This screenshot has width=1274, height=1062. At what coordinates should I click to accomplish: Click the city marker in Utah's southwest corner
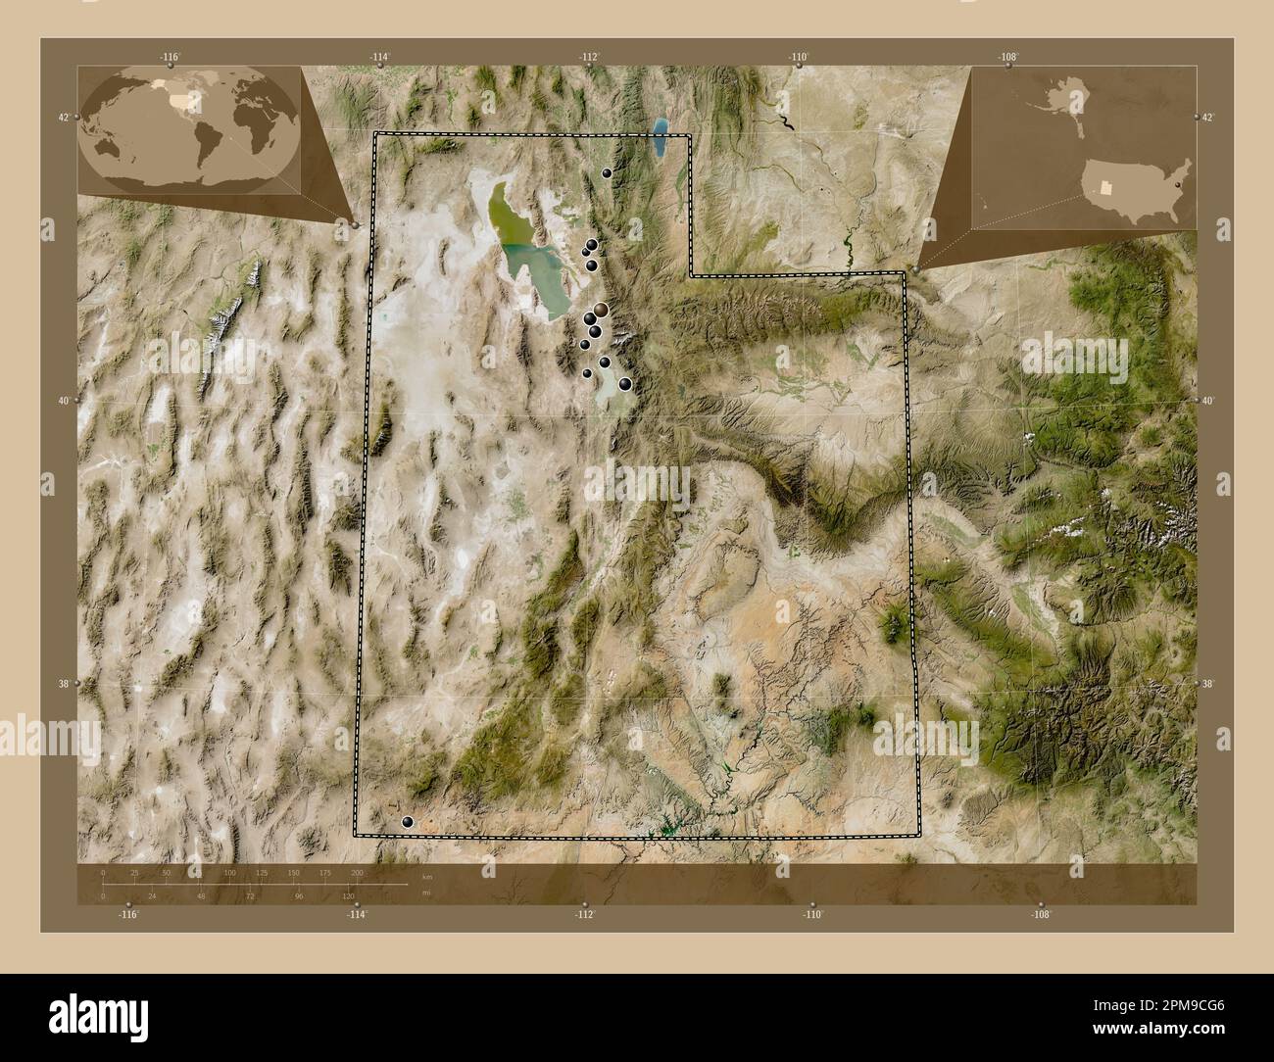click(408, 823)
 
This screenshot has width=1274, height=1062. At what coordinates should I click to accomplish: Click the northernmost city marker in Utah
click(608, 172)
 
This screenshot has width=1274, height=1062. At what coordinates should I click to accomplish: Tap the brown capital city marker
click(601, 310)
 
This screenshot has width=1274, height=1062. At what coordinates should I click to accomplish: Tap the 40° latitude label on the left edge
click(64, 401)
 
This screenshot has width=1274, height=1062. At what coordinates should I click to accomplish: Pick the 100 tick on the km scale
click(229, 872)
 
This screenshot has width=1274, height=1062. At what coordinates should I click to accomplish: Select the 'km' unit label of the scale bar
click(426, 877)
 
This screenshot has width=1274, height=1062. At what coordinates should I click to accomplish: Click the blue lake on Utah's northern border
click(660, 139)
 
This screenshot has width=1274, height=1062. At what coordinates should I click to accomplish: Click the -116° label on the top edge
click(170, 57)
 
